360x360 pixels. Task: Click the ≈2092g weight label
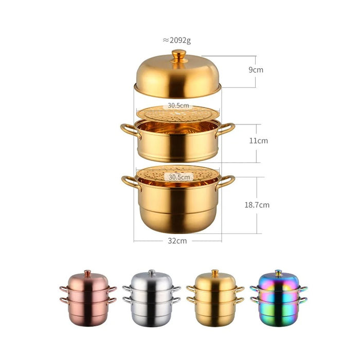pos(177,41)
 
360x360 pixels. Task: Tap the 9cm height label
pos(256,70)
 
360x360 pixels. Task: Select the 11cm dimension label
pos(259,140)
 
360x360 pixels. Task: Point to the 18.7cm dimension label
pos(257,205)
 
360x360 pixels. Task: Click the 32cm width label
pos(177,241)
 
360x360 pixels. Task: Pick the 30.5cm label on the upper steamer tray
pos(178,105)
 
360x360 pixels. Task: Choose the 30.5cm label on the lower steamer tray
pos(179,177)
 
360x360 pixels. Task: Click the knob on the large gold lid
pos(179,56)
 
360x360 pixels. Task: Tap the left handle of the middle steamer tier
pos(130,131)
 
